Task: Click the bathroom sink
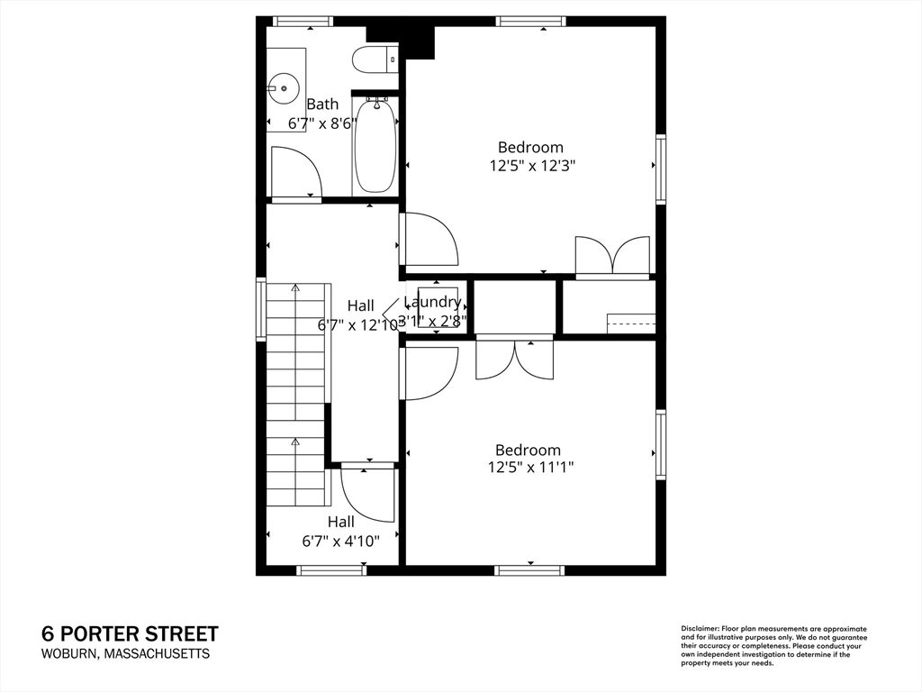click(285, 89)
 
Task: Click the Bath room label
click(322, 105)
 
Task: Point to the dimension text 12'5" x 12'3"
click(531, 166)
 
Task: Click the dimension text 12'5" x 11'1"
click(530, 467)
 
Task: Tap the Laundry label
click(433, 302)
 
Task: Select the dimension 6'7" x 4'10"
click(340, 541)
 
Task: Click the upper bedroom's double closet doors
click(612, 255)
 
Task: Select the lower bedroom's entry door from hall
click(428, 373)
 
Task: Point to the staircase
click(295, 396)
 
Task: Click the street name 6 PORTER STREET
click(130, 634)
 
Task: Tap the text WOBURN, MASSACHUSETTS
click(126, 654)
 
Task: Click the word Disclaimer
click(698, 628)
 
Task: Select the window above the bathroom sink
click(303, 21)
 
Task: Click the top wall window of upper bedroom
click(531, 21)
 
